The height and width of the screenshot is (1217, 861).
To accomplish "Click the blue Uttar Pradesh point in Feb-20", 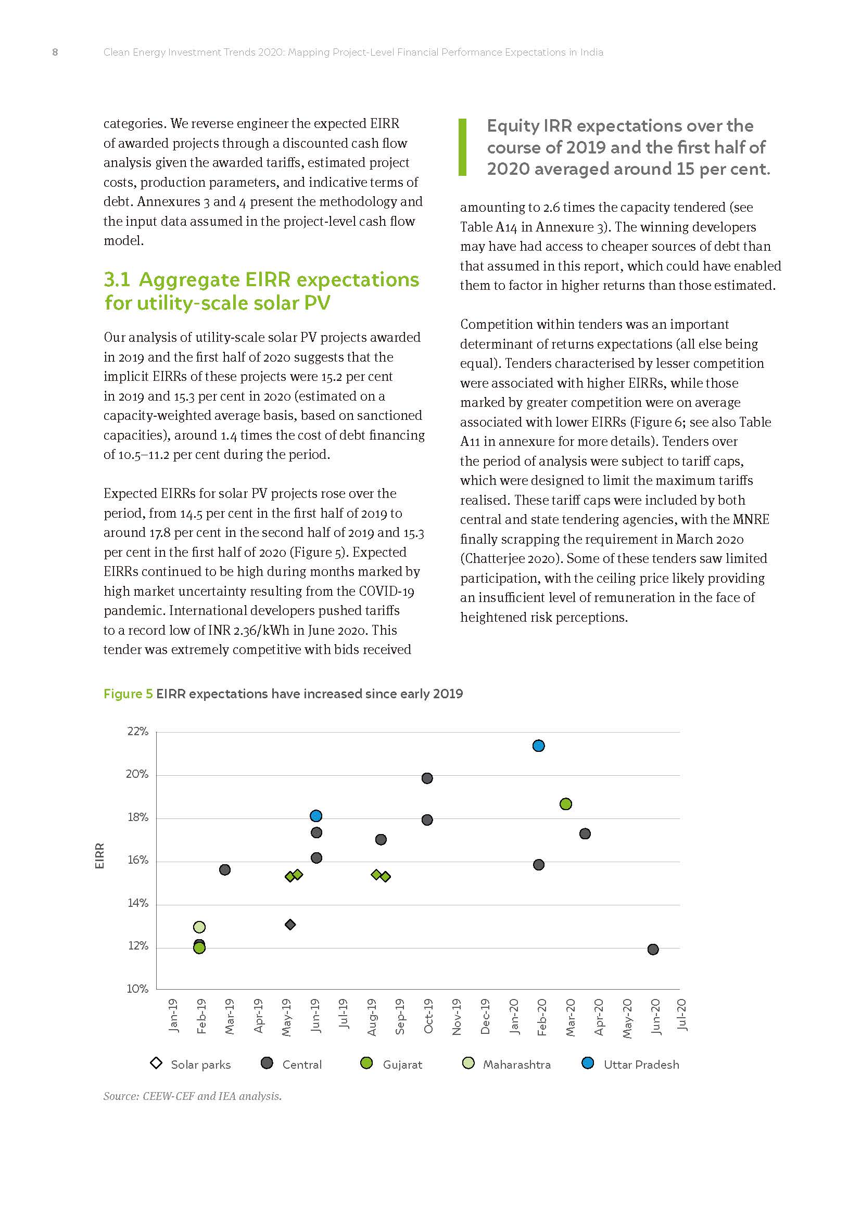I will point(538,746).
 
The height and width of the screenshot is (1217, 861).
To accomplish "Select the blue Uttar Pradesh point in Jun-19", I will point(316,816).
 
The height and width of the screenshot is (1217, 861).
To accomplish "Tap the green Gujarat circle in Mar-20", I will point(566,804).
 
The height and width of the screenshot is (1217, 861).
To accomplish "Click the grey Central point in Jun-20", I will point(653,950).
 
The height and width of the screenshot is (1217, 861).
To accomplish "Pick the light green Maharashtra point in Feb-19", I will point(199,927).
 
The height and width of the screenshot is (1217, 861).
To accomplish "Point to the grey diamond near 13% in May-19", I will point(290,925).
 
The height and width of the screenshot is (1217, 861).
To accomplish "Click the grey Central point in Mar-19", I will point(225,870).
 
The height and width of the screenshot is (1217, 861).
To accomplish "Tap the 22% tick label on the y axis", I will point(137,732).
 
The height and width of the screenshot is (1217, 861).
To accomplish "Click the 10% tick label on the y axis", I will point(137,989).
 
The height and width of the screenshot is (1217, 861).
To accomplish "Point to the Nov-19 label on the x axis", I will point(457,1017).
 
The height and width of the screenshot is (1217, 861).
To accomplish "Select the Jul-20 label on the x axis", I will point(682,1015).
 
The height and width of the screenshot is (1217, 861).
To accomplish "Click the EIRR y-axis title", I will point(99,855).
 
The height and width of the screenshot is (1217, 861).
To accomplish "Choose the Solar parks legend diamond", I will point(156,1064).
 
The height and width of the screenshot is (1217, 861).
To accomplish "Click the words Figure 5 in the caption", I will point(128,694).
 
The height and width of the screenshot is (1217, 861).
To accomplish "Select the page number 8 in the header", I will point(55,52).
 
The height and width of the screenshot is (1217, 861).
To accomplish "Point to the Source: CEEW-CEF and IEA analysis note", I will point(193,1096).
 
